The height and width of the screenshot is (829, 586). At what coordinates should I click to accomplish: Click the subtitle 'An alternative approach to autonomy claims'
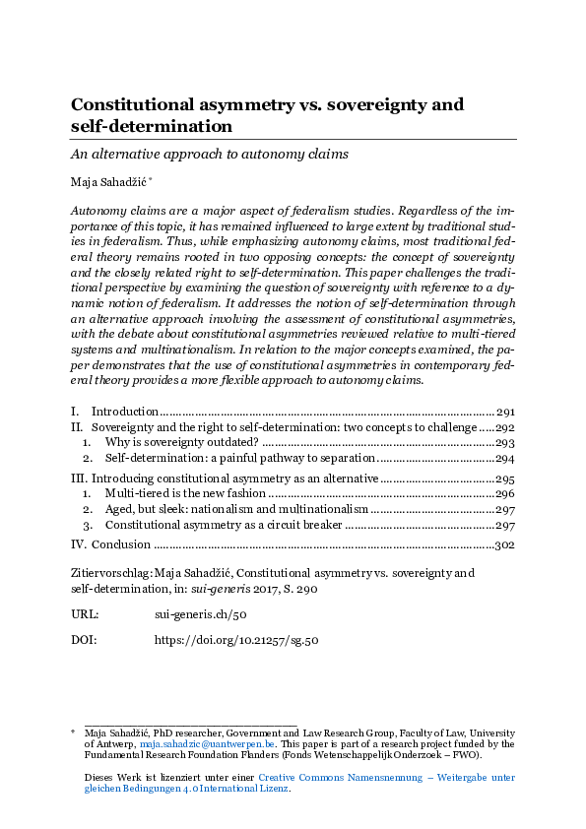click(210, 155)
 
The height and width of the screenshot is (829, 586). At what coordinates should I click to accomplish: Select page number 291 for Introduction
click(505, 412)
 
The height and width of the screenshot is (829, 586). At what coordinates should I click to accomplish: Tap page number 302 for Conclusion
click(505, 544)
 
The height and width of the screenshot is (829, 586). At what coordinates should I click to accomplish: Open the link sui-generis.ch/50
click(194, 614)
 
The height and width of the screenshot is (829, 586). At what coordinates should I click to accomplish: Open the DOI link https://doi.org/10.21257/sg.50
click(236, 640)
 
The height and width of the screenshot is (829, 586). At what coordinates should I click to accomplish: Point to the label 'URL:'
click(86, 614)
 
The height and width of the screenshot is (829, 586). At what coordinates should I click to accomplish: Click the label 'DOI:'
click(85, 640)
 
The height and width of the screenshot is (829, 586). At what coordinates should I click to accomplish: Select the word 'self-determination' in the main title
click(152, 127)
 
